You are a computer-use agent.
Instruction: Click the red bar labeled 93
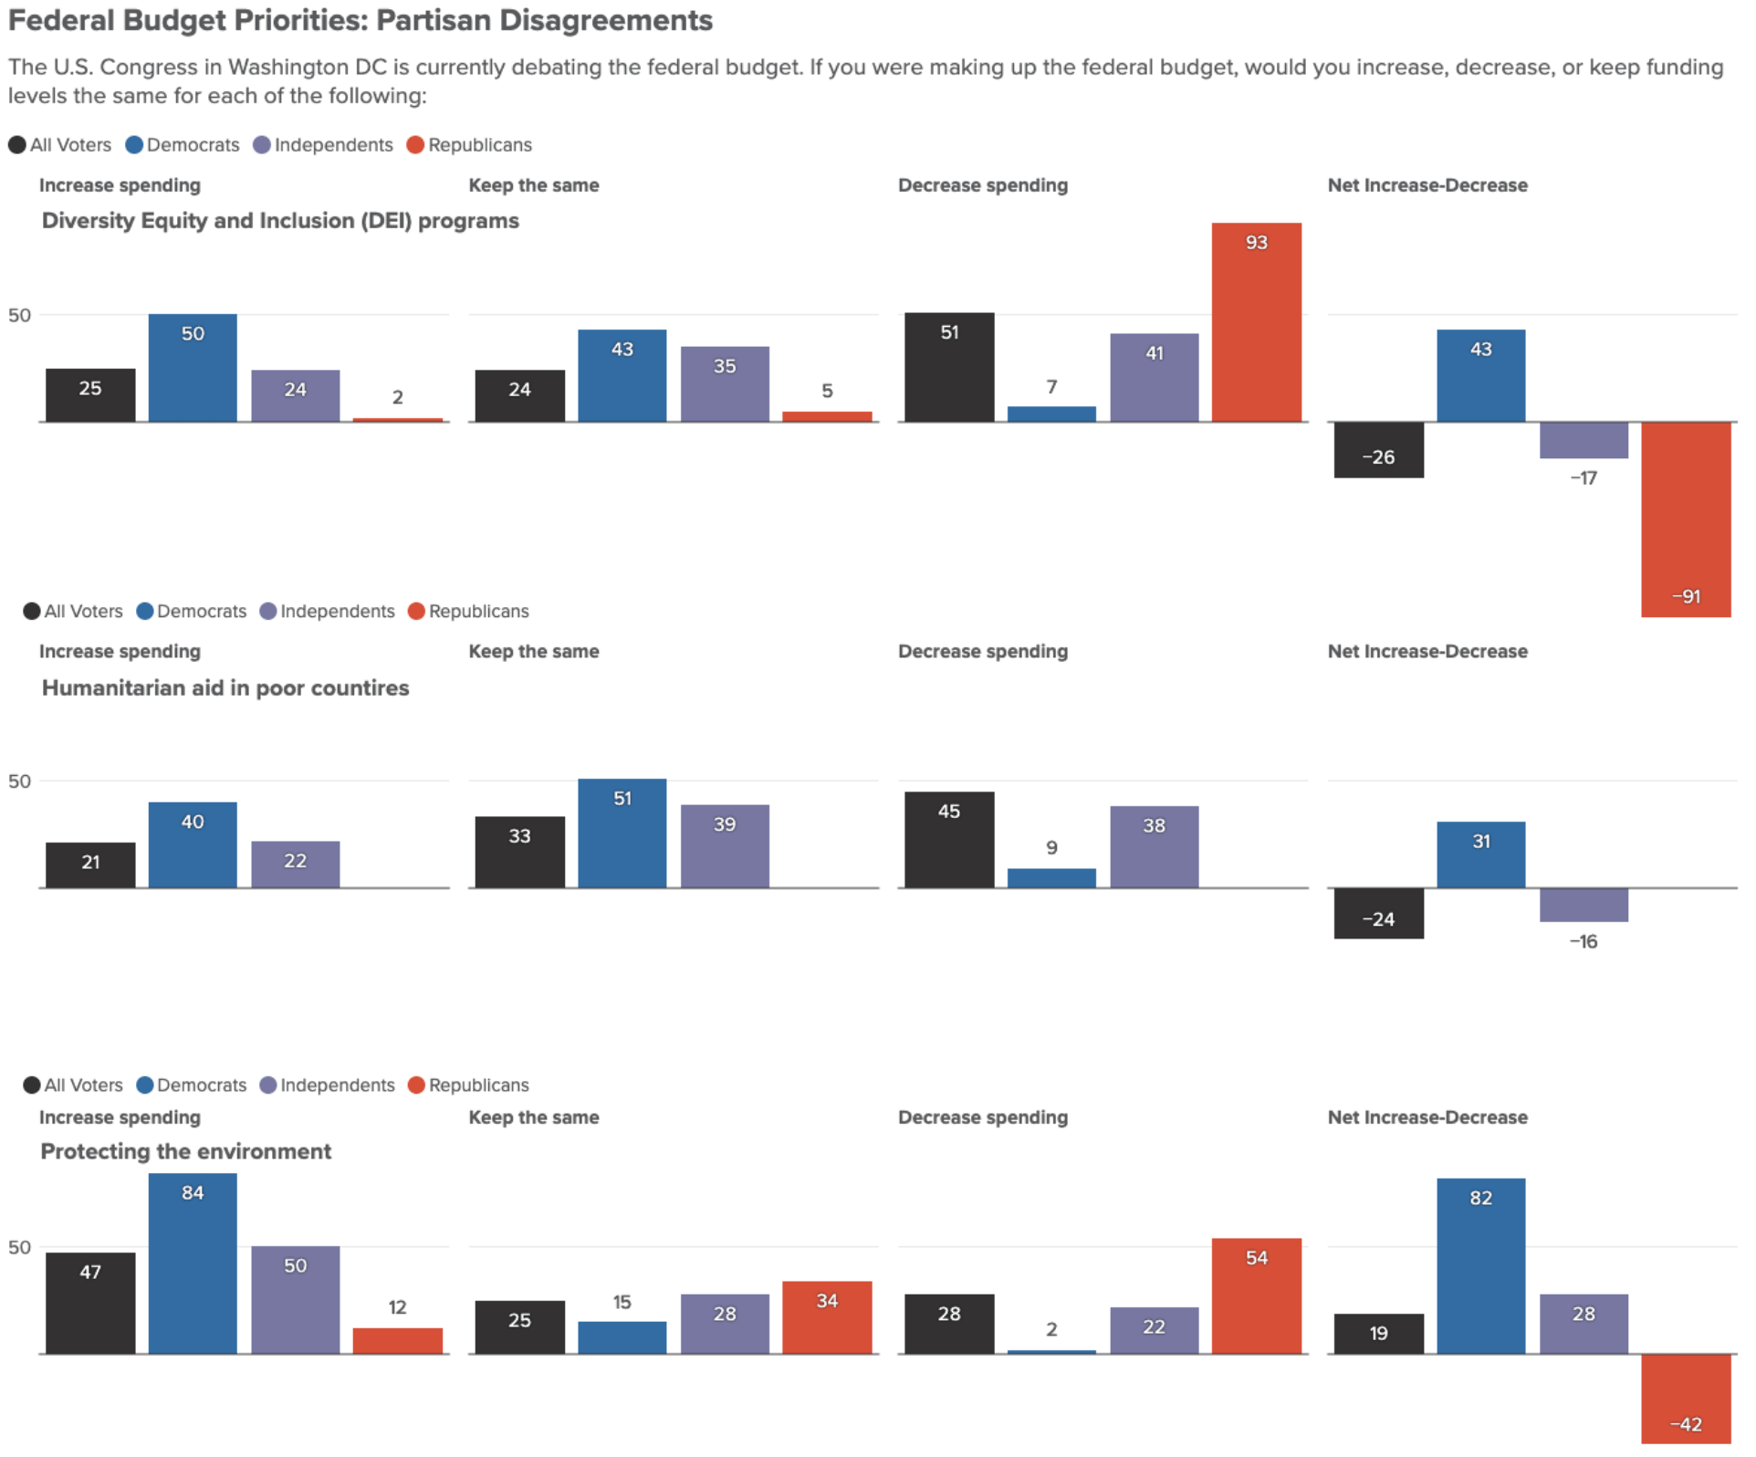click(1257, 322)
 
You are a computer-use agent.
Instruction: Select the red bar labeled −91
click(1686, 519)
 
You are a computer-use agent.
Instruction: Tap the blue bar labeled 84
click(193, 1263)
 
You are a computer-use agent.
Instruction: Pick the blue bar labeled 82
click(1481, 1266)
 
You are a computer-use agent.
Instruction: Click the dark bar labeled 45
click(949, 840)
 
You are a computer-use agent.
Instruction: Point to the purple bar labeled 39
click(725, 846)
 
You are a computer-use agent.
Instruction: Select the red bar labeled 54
click(1257, 1296)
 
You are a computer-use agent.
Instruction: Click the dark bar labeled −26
click(1379, 450)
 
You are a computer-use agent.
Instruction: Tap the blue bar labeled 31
click(1481, 854)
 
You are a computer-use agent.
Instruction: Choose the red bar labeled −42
click(1686, 1399)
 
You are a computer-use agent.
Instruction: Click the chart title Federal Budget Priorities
click(361, 20)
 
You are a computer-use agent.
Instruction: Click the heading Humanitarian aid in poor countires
click(225, 687)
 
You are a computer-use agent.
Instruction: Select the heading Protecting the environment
click(185, 1151)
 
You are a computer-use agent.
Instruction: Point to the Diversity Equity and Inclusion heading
click(280, 221)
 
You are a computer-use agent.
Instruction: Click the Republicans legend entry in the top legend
click(469, 145)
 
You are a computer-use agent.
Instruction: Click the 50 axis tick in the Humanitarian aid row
click(19, 781)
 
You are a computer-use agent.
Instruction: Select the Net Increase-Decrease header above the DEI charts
click(1427, 185)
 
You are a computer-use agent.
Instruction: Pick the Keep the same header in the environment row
click(534, 1117)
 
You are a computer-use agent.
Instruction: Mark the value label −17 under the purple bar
click(1584, 477)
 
